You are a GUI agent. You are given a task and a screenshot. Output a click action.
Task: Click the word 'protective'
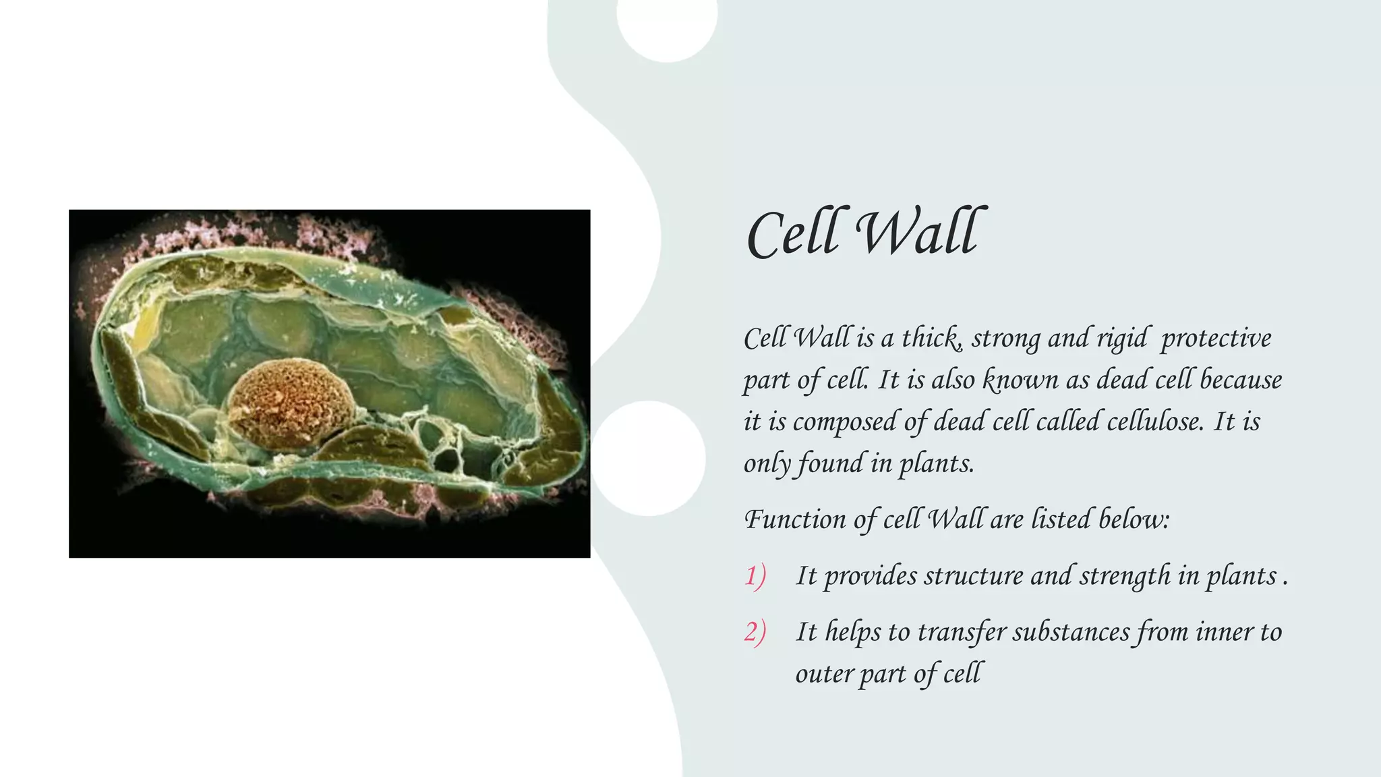[1216, 338]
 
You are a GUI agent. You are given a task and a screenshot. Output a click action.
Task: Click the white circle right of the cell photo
[649, 459]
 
